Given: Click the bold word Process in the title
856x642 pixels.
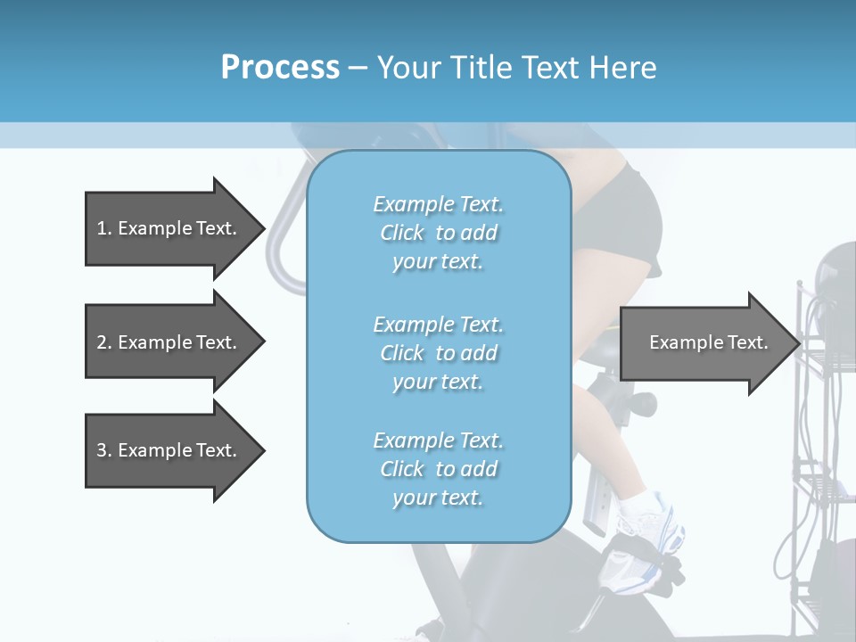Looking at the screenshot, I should point(280,68).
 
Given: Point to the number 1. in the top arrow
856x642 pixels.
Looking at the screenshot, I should point(104,228).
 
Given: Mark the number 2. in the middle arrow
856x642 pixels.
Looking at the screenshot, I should point(104,342).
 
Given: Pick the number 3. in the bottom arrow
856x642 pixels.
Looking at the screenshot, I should point(104,450).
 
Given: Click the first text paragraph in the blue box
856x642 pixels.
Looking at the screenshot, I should point(438,233).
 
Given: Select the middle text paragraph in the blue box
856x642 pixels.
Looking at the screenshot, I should point(438,353).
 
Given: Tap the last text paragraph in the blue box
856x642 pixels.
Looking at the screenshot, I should point(438,469).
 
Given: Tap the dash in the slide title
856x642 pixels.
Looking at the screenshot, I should point(358,68).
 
